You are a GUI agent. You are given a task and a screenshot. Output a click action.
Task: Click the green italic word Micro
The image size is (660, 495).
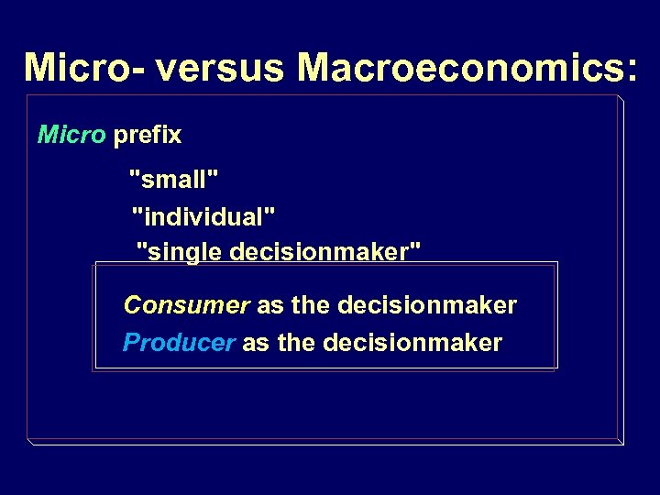[x=71, y=136]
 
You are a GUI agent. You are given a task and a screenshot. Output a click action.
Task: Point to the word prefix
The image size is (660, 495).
[x=147, y=137]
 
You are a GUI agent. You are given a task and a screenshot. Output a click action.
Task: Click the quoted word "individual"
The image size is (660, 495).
[x=203, y=216]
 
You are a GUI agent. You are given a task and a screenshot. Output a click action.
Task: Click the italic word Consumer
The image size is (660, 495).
[x=186, y=304]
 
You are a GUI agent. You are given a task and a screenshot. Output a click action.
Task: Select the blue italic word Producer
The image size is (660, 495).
[x=179, y=343]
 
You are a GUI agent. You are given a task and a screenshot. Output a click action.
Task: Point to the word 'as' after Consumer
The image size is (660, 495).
[x=269, y=305]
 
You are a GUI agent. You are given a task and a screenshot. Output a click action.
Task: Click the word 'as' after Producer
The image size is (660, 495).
[x=256, y=344]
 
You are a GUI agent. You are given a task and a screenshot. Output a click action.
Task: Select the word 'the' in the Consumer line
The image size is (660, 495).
[x=311, y=304]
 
